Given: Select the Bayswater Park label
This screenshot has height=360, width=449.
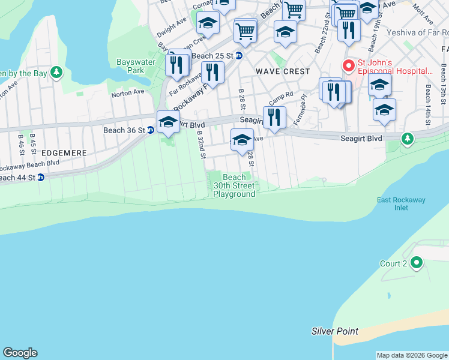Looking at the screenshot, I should coord(136,66).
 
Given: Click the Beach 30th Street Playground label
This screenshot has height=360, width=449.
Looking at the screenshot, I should coord(234,185).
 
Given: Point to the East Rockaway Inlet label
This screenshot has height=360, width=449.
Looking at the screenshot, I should coord(393,203).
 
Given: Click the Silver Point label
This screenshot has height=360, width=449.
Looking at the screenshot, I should coord(335,331).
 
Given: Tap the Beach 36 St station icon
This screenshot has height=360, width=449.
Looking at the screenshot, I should coord(151,130).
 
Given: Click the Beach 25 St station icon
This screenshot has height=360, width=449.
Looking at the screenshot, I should coord(238,56).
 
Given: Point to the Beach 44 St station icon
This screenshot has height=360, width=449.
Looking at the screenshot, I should coord(40,178).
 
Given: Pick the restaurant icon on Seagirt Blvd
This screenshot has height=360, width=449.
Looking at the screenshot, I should coord(274,116).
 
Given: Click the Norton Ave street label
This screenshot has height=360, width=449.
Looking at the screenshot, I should coord(127,92).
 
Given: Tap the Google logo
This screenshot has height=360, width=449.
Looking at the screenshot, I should coord(20,353).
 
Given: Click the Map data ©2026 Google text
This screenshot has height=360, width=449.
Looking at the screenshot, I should coord(411,355).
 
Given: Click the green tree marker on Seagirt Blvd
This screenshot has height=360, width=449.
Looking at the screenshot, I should coord(408,139).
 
